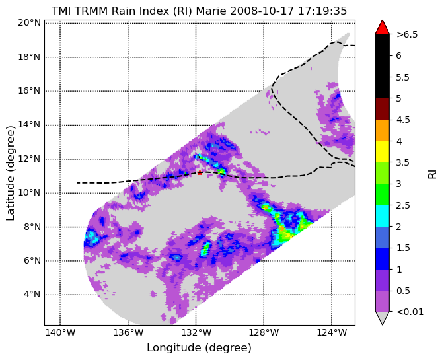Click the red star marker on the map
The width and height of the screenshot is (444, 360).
200,172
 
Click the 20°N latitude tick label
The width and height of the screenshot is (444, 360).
29,22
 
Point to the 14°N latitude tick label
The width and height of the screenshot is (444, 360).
29,125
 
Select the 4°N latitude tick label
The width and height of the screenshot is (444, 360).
32,295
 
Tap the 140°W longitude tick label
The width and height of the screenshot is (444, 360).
60,332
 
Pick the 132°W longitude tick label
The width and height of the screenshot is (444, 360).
196,332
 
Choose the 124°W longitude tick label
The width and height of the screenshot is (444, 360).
332,332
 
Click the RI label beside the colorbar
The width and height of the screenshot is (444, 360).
432,172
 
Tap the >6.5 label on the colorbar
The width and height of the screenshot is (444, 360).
407,34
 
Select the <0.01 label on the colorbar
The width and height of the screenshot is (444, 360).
410,312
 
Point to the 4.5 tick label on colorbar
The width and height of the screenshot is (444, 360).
403,120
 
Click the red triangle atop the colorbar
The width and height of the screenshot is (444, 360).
383,28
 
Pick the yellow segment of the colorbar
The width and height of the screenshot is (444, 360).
383,152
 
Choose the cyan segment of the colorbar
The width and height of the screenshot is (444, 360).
383,216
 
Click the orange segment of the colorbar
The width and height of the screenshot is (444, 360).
383,131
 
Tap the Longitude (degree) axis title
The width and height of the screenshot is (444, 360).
199,348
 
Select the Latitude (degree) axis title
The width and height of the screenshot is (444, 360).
10,173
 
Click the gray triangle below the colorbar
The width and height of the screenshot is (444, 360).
383,317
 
